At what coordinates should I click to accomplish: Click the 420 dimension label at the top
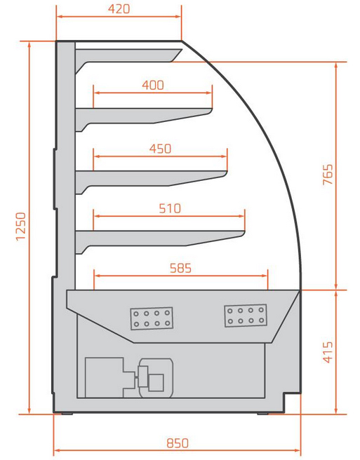click(119, 9)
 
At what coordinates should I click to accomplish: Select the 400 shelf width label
click(153, 85)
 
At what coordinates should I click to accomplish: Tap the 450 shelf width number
click(160, 149)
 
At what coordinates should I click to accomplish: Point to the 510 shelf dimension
click(170, 208)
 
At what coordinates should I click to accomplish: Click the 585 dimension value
click(180, 268)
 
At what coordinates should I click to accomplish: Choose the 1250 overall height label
click(21, 226)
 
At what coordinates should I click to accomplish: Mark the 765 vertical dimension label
click(328, 175)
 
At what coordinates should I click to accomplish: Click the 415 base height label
click(328, 352)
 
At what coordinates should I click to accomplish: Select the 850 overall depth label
click(178, 443)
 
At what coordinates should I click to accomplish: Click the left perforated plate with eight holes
click(152, 318)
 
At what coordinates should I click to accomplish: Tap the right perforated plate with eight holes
click(246, 316)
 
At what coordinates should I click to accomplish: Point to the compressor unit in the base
click(129, 377)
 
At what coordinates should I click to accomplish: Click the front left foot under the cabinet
click(67, 414)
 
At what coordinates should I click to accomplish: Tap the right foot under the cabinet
click(262, 414)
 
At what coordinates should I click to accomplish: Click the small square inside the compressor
click(156, 382)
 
